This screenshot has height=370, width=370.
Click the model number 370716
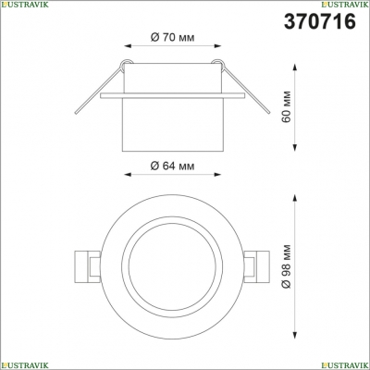320,21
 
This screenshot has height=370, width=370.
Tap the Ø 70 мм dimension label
172,38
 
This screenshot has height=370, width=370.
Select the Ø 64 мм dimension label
172,166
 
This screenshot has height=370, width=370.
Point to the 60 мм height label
286,106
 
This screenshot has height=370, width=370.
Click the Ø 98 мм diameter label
286,266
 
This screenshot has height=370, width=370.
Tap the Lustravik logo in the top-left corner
24,4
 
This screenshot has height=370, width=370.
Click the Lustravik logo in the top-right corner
345,4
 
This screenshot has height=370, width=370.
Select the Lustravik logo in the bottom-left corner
24,365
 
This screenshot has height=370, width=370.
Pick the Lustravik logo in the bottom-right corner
345,365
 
